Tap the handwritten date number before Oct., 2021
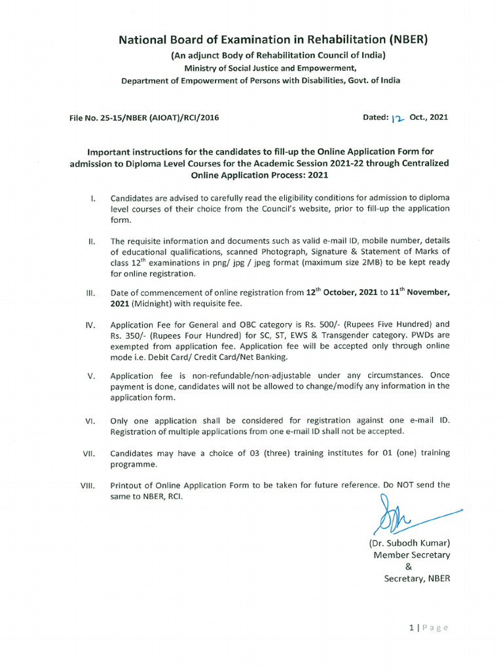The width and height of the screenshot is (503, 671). (x=398, y=119)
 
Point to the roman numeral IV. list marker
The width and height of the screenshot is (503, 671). (x=92, y=325)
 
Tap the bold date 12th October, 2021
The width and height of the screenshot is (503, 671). (x=341, y=293)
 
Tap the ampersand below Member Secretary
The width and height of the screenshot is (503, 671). (x=409, y=567)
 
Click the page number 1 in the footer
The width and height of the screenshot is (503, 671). (x=411, y=628)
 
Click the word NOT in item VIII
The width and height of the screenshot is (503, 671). (x=403, y=485)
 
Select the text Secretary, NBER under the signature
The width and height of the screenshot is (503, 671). (x=417, y=579)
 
